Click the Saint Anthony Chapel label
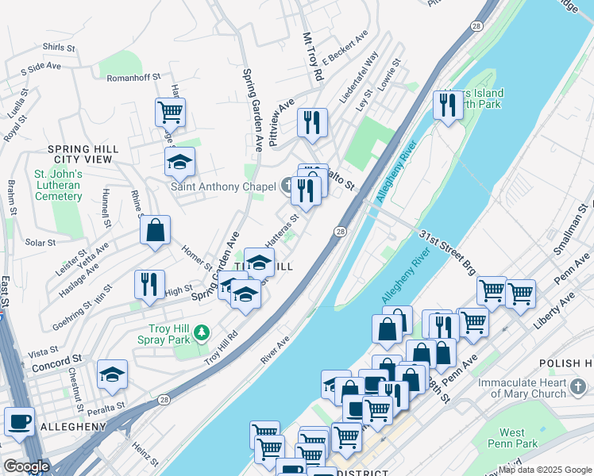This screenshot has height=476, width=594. [x=223, y=187]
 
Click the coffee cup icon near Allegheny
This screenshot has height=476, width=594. [x=19, y=422]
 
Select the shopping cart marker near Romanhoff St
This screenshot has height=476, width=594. [x=170, y=112]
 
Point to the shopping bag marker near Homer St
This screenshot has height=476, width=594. [x=156, y=230]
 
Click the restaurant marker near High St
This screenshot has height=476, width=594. [x=149, y=284]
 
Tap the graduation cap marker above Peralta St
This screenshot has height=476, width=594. [x=112, y=374]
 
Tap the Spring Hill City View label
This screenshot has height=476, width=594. [x=83, y=154]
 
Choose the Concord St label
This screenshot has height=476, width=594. [x=57, y=366]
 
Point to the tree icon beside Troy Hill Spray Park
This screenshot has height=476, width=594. [x=203, y=330]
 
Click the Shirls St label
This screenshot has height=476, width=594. [x=59, y=48]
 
